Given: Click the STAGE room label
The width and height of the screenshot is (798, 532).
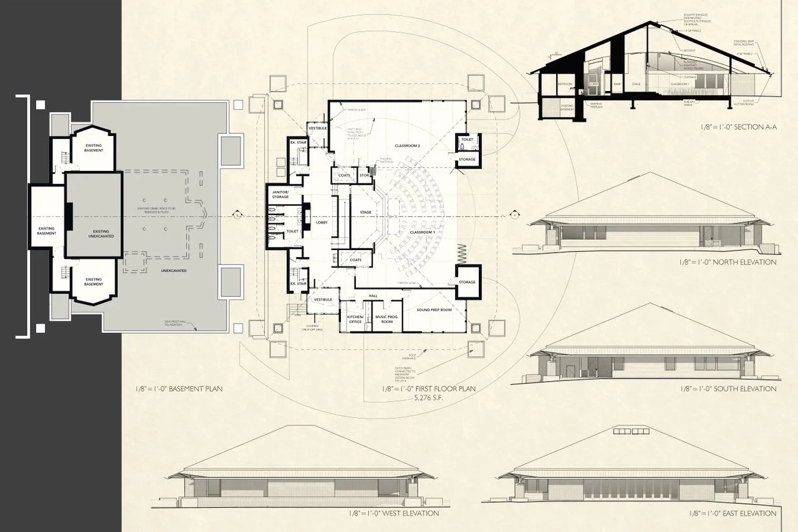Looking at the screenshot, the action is click(x=366, y=213).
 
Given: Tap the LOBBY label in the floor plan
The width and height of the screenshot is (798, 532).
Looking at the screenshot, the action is click(x=322, y=222).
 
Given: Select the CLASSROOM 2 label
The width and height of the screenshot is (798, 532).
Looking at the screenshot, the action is click(x=408, y=146).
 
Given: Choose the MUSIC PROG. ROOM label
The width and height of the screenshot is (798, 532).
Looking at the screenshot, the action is click(x=385, y=319).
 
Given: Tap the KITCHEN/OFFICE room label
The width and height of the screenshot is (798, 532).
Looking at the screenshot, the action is click(x=354, y=319).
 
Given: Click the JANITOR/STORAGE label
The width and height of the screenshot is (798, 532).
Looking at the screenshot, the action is click(x=280, y=194).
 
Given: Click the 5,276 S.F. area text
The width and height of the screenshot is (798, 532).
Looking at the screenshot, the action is click(x=430, y=397).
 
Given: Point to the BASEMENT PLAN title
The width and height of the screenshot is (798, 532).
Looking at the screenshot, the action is click(x=179, y=389).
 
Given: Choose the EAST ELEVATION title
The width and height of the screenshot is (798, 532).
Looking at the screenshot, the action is click(x=733, y=513).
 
